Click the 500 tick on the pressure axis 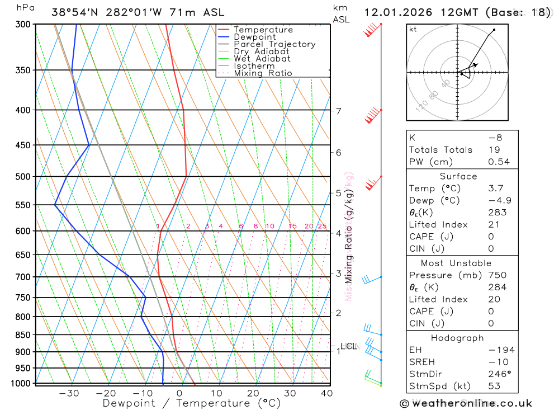point(22,177)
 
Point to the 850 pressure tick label point(22,335)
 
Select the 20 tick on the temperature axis point(253,393)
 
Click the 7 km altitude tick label point(339,111)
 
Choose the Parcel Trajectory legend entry point(274,44)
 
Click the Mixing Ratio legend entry point(263,73)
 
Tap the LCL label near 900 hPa point(348,346)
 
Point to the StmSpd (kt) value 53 point(494,386)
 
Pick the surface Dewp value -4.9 point(500,200)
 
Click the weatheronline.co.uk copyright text point(466,403)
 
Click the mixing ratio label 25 point(322,226)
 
